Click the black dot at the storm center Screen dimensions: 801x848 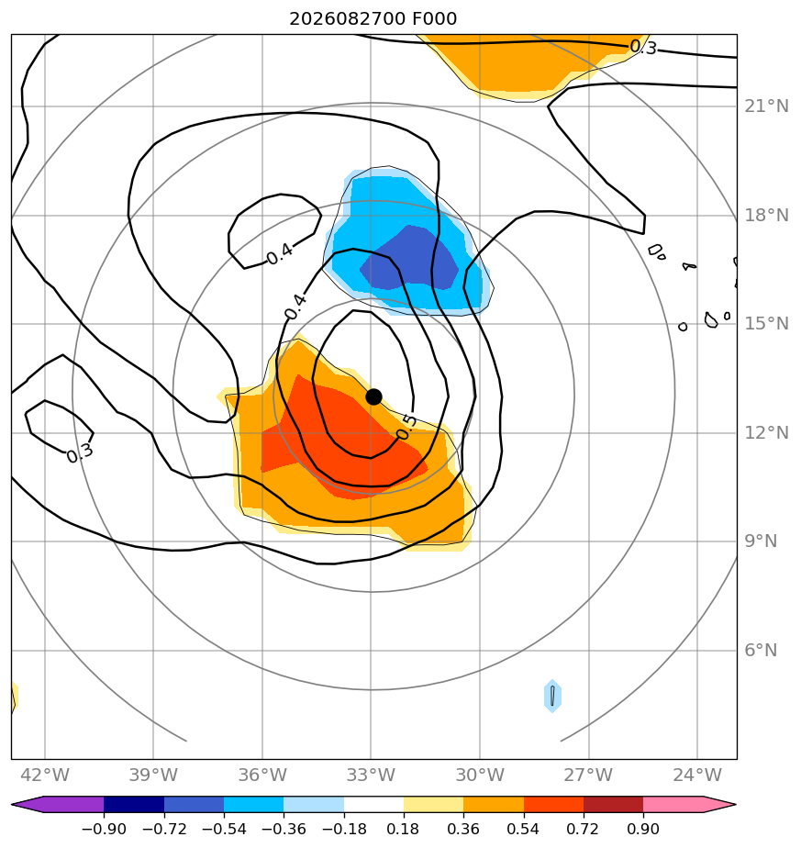tap(373, 397)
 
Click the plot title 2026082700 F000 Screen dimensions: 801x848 tap(373, 19)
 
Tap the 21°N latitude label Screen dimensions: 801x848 tap(766, 106)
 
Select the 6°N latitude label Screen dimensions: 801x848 tap(761, 650)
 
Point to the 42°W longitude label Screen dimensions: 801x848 tap(45, 775)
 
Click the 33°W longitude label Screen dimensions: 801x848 tap(371, 775)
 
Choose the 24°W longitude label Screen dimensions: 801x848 tap(697, 775)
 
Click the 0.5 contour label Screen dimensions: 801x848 tap(406, 428)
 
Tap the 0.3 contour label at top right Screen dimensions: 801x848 tap(643, 48)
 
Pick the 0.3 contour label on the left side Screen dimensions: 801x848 tap(80, 453)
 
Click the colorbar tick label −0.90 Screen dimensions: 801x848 tap(104, 829)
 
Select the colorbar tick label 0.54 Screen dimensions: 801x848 tap(524, 829)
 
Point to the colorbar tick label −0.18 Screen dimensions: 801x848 tap(344, 829)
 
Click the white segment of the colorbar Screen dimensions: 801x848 tap(373, 804)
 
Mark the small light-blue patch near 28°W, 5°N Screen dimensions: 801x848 tap(552, 696)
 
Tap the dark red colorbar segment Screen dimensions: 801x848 tap(613, 804)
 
